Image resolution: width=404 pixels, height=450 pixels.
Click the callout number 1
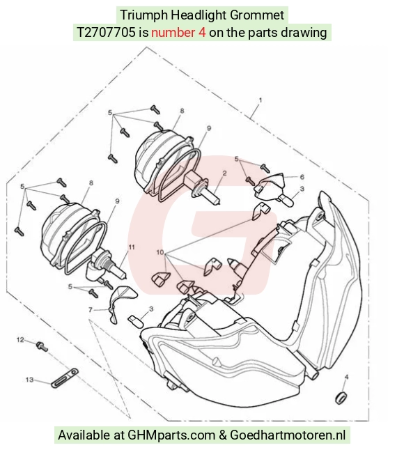[261, 100]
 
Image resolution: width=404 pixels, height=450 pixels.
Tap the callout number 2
[224, 173]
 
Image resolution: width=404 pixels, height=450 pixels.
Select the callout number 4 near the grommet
[346, 377]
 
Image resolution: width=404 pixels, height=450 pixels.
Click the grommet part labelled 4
[341, 398]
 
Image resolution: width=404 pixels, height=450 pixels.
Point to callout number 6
[302, 177]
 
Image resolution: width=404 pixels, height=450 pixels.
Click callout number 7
[91, 310]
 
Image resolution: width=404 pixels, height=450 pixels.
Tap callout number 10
[160, 252]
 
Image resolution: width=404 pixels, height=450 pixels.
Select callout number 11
[132, 247]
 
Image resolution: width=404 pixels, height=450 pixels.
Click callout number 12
[20, 340]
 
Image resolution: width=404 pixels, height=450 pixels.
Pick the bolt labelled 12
[42, 346]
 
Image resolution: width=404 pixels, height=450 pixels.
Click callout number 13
[29, 380]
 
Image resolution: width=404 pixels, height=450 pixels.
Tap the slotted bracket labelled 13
[65, 378]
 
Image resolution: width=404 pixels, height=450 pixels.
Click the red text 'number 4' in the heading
[178, 33]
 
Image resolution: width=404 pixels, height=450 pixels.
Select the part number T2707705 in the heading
[106, 33]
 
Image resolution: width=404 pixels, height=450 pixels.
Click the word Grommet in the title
[257, 15]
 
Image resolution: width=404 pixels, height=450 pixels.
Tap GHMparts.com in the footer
[171, 435]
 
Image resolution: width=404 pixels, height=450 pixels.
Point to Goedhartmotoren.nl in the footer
[288, 435]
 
